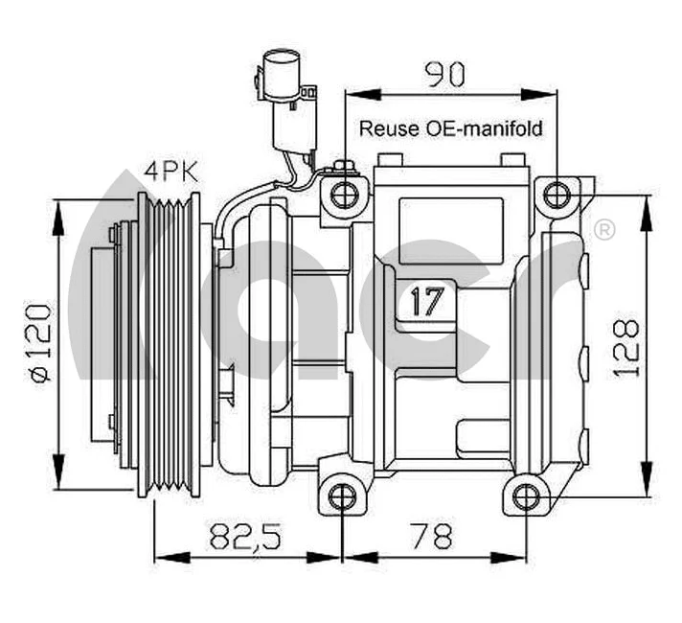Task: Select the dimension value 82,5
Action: click(247, 536)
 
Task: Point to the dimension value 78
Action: click(434, 536)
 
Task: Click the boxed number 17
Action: click(427, 302)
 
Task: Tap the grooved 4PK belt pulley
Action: click(170, 345)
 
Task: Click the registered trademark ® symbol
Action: click(604, 230)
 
